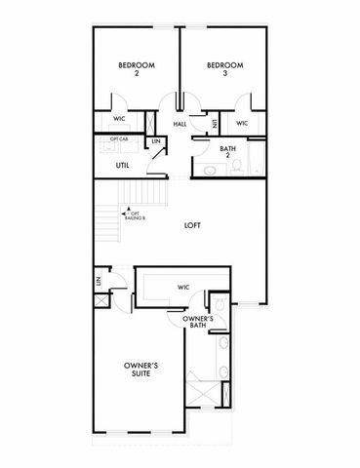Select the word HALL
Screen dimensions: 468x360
(x=180, y=125)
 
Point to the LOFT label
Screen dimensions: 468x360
(x=192, y=225)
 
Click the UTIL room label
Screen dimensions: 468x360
(x=124, y=166)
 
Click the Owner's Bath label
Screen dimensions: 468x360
(x=197, y=321)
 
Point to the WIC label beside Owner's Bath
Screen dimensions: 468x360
(x=181, y=287)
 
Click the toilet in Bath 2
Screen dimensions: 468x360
(x=212, y=172)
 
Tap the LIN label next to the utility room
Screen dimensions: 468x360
(x=156, y=143)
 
